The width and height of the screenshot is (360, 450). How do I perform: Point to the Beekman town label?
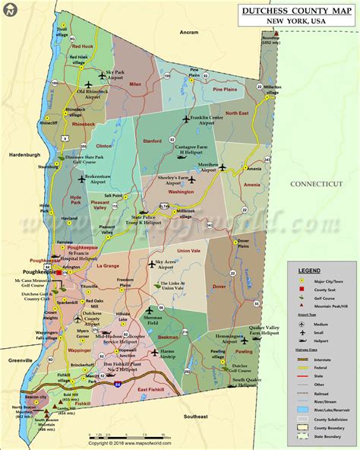coord(168,335)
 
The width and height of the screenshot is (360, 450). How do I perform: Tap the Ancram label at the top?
coord(189,33)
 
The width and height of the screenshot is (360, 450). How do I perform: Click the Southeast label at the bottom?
coord(194,417)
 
